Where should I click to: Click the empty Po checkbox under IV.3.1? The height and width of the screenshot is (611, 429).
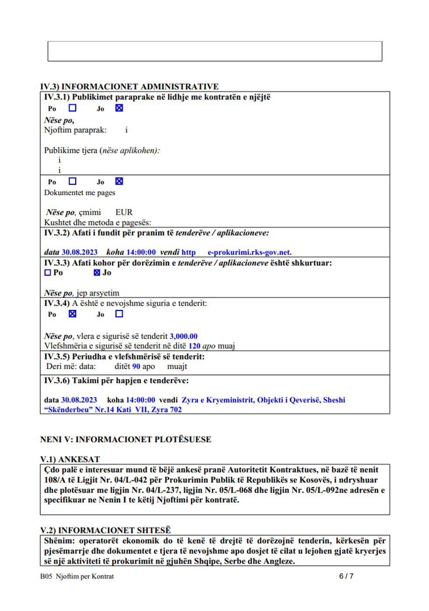coord(73,108)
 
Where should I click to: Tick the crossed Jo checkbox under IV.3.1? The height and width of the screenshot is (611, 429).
coord(119,108)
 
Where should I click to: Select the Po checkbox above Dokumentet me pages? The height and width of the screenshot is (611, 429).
coord(73,181)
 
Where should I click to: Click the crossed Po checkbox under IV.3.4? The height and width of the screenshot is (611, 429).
coord(73,314)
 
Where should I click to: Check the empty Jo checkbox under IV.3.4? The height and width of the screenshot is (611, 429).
coord(119,314)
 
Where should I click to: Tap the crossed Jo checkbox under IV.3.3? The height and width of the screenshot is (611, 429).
coord(97,273)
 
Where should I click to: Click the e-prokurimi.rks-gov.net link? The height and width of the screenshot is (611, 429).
coord(250,252)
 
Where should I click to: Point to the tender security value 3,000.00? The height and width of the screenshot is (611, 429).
coord(183,336)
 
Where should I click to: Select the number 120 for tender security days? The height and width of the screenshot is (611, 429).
coord(194,346)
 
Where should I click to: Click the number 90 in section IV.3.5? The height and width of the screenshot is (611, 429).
coord(136,366)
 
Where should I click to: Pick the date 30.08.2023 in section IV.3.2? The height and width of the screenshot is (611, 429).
coord(80,252)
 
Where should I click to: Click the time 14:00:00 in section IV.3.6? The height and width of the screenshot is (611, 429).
coord(140,400)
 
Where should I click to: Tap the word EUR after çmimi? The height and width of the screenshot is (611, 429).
coord(124,212)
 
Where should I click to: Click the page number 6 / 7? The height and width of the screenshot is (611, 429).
coord(346,576)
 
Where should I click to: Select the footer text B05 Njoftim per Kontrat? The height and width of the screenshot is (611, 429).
coord(77,576)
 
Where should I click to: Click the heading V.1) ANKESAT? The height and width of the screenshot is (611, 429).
coord(70,459)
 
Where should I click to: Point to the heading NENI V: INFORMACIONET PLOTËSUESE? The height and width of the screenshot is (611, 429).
coord(126,439)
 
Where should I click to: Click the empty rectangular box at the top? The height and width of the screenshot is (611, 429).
coord(214,51)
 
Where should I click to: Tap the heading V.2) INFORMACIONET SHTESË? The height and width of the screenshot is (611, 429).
coord(105,530)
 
